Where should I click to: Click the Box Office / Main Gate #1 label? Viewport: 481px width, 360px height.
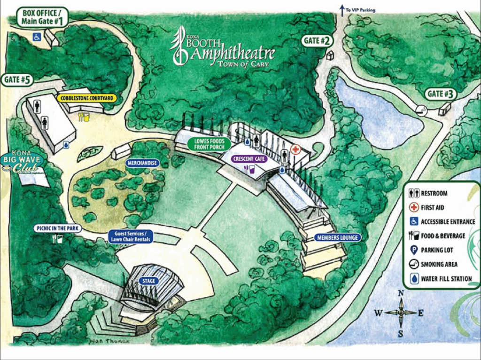click(42, 16)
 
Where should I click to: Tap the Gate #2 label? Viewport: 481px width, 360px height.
click(318, 41)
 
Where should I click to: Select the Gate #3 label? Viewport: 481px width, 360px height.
click(441, 94)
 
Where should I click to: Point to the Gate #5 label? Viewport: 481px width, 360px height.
click(18, 80)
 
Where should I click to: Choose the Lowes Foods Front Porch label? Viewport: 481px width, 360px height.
click(209, 144)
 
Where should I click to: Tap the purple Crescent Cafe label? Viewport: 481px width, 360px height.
click(249, 159)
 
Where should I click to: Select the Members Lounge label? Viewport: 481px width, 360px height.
click(338, 237)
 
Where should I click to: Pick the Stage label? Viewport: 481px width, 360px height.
click(149, 281)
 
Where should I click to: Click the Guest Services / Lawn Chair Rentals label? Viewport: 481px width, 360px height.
click(131, 236)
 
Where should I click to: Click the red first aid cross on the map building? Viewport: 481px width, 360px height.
click(295, 150)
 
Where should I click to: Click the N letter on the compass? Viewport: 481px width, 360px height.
click(401, 294)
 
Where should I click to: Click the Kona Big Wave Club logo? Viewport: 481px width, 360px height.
click(22, 164)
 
